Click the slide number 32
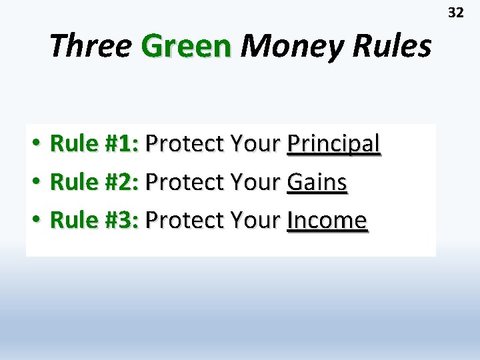(x=455, y=13)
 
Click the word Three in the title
(x=89, y=46)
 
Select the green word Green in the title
(x=186, y=46)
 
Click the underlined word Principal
(x=333, y=143)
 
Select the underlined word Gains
(x=317, y=181)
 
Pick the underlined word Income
(x=327, y=219)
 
